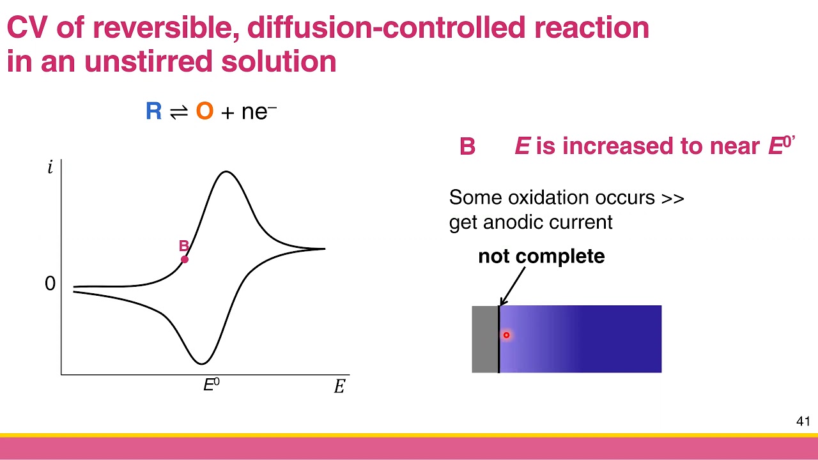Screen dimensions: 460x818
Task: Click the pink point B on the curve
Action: click(185, 259)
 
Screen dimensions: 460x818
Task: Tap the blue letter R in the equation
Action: click(153, 112)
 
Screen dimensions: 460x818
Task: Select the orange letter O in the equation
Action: click(204, 112)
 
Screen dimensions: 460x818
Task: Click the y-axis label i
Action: click(50, 168)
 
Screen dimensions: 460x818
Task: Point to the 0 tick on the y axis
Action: click(50, 284)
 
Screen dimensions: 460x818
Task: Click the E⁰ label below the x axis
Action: click(211, 385)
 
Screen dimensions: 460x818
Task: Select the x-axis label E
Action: click(339, 387)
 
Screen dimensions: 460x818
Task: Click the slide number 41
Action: click(803, 422)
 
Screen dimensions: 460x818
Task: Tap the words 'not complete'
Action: click(541, 256)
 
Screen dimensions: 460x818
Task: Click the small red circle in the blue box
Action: click(506, 335)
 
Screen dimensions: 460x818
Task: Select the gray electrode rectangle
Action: click(484, 339)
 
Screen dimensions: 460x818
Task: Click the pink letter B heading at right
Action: click(467, 147)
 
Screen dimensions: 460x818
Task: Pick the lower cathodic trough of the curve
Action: click(201, 364)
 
